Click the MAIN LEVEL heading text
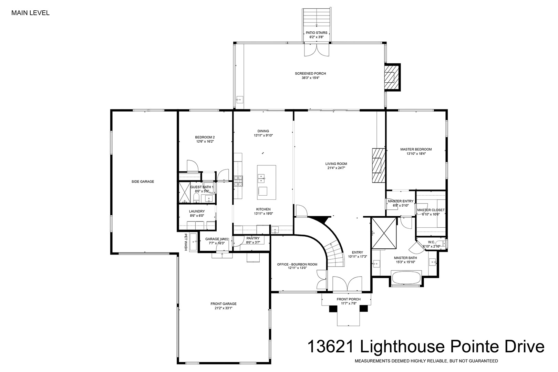coord(30,13)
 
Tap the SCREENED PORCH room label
coord(310,73)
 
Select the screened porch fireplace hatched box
coord(392,77)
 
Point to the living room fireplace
coord(379,165)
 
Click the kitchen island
coord(267,182)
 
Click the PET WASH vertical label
coord(186,242)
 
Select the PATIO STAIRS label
coord(317,33)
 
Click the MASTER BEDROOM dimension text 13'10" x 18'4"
coord(416,154)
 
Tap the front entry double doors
coord(347,283)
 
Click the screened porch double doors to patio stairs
coord(317,50)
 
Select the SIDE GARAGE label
coord(143,182)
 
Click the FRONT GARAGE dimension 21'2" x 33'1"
coord(223,308)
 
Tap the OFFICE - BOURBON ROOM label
coord(297,265)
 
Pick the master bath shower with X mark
coord(384,233)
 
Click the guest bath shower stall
coord(185,193)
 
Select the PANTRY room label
coord(253,238)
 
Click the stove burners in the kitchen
coord(238,181)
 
